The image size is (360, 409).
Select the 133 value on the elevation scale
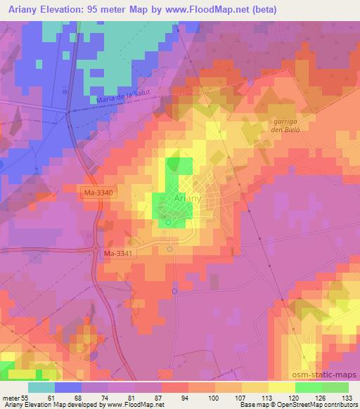348,398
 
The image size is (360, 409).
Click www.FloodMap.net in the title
210,9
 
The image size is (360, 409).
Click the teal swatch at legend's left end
41,387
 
